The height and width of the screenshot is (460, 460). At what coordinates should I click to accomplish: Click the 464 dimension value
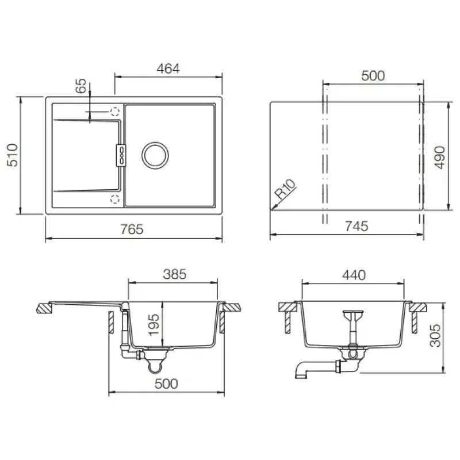click(168, 68)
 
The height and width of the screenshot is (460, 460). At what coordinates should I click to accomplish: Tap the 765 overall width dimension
click(132, 229)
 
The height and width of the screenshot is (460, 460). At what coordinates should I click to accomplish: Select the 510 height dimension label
click(13, 155)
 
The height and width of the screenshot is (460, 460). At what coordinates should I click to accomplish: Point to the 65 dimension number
click(81, 86)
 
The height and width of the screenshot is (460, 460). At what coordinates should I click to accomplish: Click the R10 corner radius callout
click(285, 189)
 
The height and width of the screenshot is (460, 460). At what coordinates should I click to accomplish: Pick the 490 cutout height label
click(440, 157)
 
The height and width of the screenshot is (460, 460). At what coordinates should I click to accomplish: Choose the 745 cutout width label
click(356, 226)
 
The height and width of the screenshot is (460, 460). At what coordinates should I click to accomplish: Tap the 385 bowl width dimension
click(175, 274)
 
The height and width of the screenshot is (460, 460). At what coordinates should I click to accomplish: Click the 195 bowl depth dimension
click(154, 325)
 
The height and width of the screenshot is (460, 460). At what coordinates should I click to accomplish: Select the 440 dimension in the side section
click(354, 275)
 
